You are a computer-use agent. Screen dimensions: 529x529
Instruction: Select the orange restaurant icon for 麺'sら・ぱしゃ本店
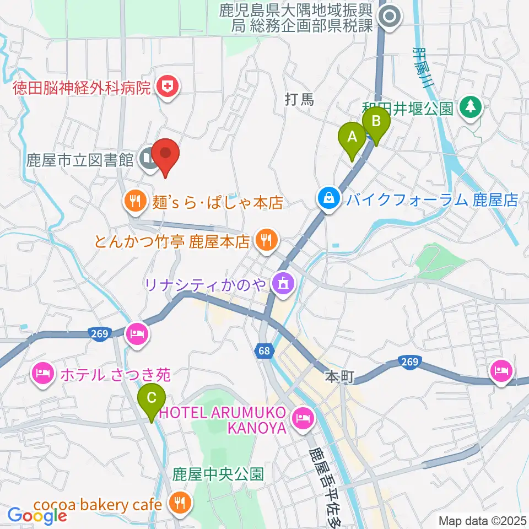tap(135, 202)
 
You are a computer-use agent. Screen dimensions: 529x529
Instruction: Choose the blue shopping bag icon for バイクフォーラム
tap(329, 198)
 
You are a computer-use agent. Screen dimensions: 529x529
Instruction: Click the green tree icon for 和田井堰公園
tap(471, 106)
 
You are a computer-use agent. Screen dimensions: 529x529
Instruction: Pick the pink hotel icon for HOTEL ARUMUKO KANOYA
tap(303, 417)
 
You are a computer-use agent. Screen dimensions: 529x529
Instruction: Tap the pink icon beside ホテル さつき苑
tap(44, 375)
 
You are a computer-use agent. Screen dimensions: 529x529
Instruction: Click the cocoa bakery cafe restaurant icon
tap(179, 504)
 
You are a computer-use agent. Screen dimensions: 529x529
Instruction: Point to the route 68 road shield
tap(264, 350)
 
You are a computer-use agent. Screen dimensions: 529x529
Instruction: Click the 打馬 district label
tap(299, 100)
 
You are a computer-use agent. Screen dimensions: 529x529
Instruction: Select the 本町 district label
tap(337, 377)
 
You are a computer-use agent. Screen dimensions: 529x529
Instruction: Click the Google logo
tap(36, 515)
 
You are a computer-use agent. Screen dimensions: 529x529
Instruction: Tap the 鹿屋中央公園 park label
tap(218, 474)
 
